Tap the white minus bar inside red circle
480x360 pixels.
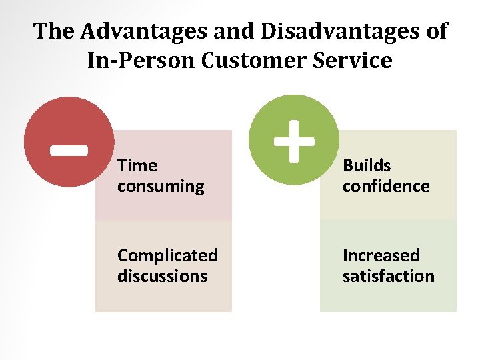tap(69, 149)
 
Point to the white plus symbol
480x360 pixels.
tap(294, 140)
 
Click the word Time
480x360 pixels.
tap(137, 165)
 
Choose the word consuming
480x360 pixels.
tap(161, 187)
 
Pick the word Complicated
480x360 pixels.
tap(167, 255)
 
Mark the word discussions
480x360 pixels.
tap(162, 276)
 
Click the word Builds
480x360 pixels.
tap(367, 165)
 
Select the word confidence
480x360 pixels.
tap(386, 186)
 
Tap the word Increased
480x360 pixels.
tap(381, 255)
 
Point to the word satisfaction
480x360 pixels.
tap(388, 276)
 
